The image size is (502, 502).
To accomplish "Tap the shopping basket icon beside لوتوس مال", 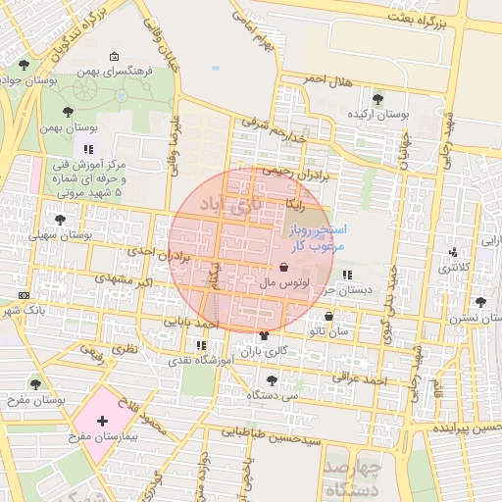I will tap(283, 267).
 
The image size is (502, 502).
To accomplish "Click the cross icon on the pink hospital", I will tap(103, 421).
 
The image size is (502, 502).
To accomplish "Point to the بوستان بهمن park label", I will tap(66, 128).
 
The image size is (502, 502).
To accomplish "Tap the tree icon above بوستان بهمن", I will tap(67, 112).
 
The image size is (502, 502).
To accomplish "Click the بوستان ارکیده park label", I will tap(378, 115).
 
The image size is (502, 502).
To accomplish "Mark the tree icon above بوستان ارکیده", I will tap(378, 97).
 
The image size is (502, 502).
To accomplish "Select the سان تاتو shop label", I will tap(327, 332).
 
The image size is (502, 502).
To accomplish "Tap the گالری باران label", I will tap(264, 351).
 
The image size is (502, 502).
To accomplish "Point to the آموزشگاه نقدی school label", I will tap(200, 361).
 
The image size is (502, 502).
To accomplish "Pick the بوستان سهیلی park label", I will tap(60, 235).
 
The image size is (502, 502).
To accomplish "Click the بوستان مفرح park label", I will tap(35, 400).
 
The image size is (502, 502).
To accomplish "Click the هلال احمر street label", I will tap(327, 79).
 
